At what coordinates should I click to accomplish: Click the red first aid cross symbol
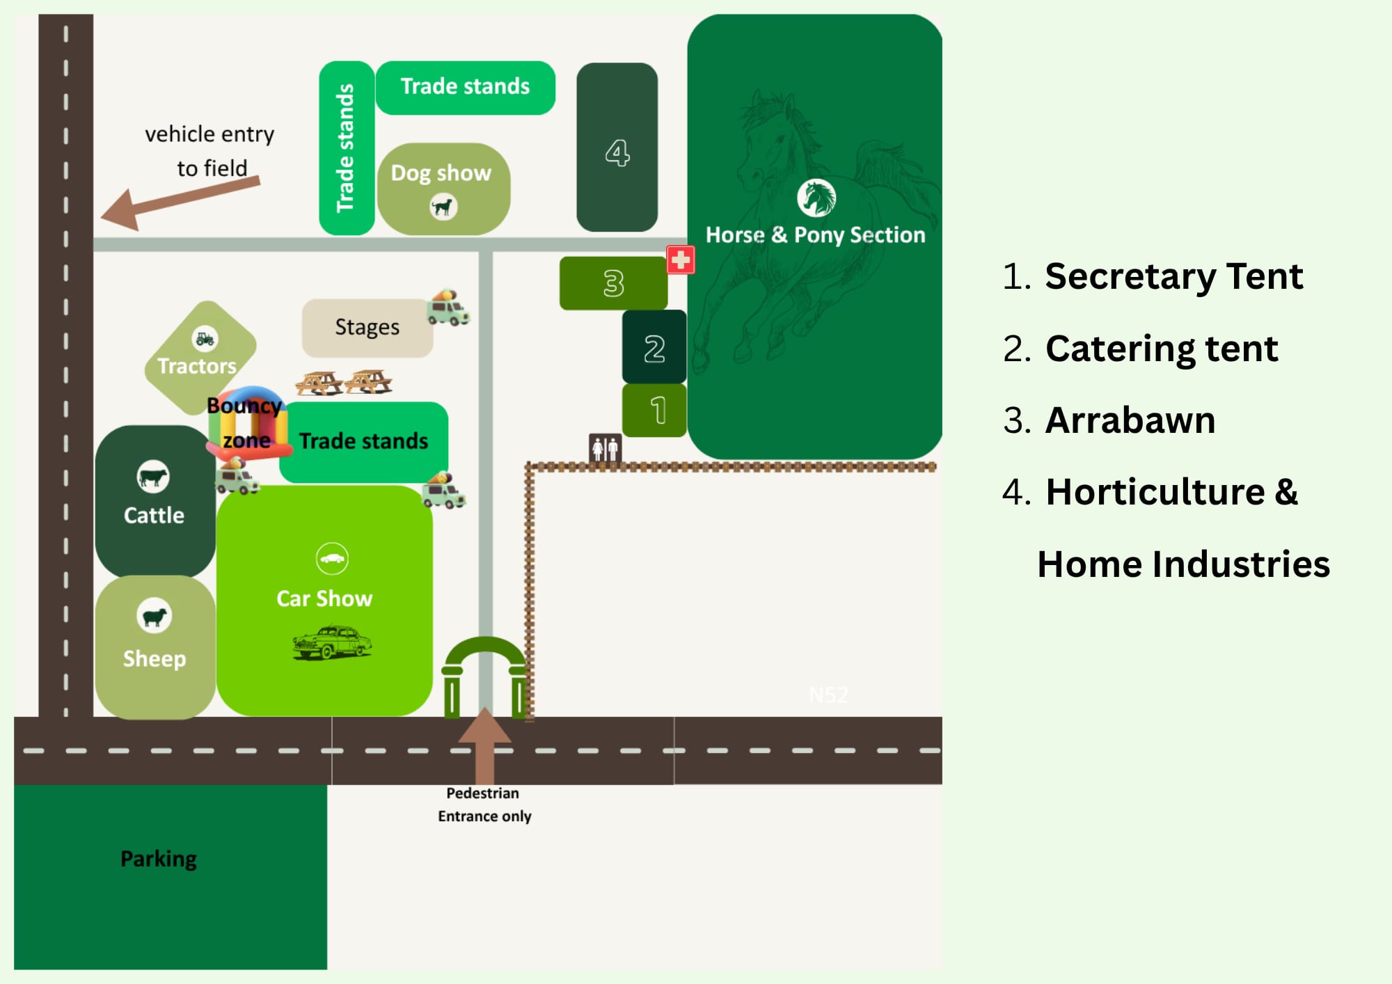click(680, 260)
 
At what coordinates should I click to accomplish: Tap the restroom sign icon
click(605, 448)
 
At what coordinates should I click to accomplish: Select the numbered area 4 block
click(617, 147)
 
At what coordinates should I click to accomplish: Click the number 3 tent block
click(613, 283)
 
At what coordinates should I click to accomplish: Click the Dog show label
click(441, 173)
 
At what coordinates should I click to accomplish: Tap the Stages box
click(367, 328)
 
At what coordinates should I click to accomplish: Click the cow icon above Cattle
click(153, 477)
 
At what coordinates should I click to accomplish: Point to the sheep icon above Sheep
click(154, 616)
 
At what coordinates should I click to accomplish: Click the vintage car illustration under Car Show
click(332, 641)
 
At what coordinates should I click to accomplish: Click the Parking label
click(159, 859)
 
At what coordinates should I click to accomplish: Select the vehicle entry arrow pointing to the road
click(180, 203)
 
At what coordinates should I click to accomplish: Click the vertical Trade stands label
click(345, 148)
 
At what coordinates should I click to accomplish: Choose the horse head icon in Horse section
click(816, 198)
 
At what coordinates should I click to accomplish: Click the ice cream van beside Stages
click(448, 307)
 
